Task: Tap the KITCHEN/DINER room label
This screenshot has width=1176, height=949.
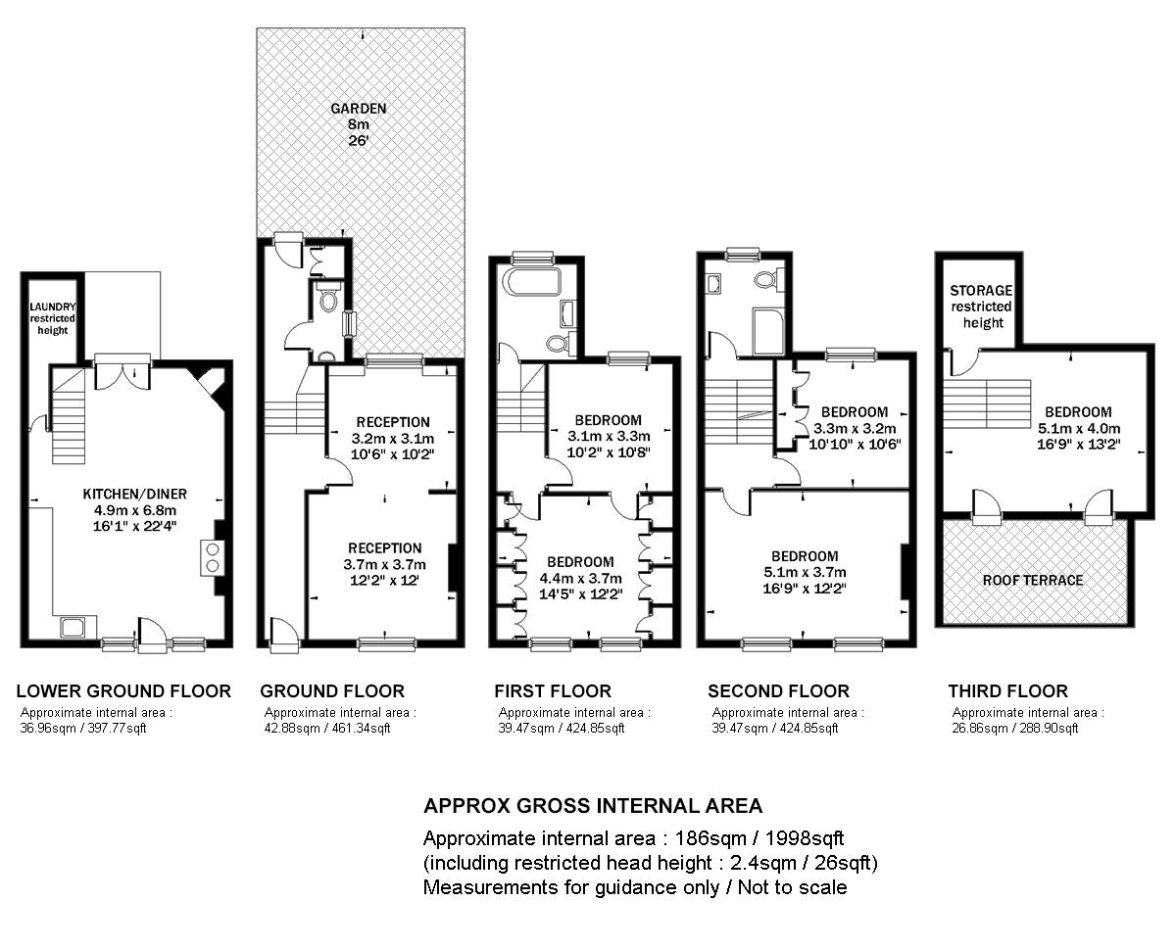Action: point(134,494)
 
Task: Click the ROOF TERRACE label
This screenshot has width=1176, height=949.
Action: point(1033,580)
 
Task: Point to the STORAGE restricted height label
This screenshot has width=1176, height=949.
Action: point(981,307)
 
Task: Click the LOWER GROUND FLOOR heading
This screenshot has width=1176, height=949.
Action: point(123,690)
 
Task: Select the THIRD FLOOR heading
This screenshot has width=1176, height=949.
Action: point(1007,690)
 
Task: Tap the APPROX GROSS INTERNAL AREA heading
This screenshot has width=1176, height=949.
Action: point(592,806)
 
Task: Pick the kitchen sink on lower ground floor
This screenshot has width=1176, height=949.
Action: point(72,627)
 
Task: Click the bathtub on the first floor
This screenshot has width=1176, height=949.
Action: point(530,284)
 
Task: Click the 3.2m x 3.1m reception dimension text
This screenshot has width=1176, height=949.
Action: point(392,439)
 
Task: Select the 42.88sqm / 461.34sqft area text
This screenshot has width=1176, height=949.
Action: point(327,728)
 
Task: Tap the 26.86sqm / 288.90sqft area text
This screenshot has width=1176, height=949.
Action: point(1015,728)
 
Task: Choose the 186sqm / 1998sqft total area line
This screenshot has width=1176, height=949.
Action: point(633,838)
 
